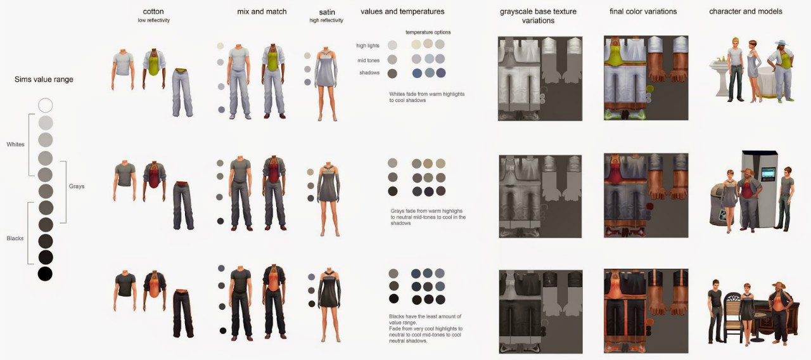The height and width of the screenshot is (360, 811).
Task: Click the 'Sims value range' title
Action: (44, 79)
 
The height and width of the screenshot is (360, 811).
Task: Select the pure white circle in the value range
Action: (45, 105)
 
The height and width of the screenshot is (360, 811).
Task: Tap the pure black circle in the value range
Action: (45, 274)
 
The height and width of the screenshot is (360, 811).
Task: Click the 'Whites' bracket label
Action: (16, 144)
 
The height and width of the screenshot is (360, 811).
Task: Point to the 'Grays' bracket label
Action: (77, 186)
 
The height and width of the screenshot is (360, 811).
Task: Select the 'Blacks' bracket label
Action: (15, 238)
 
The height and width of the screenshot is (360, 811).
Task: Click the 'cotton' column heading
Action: (153, 11)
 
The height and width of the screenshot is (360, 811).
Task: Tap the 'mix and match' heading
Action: (262, 11)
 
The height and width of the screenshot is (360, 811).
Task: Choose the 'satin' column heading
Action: (326, 12)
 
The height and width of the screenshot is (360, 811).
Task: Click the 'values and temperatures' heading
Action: (402, 11)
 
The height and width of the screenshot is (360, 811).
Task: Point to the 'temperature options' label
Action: (428, 32)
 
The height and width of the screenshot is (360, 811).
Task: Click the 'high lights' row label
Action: (367, 46)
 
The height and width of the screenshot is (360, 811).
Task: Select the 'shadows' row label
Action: (369, 73)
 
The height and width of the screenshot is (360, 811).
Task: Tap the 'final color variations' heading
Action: (643, 11)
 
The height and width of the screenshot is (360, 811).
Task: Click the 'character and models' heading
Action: (746, 11)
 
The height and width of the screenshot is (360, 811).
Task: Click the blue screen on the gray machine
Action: (769, 174)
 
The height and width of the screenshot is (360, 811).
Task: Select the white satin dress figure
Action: (326, 84)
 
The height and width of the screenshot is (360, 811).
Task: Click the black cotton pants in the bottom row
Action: (183, 312)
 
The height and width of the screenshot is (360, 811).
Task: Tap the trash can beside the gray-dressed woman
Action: (718, 204)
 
